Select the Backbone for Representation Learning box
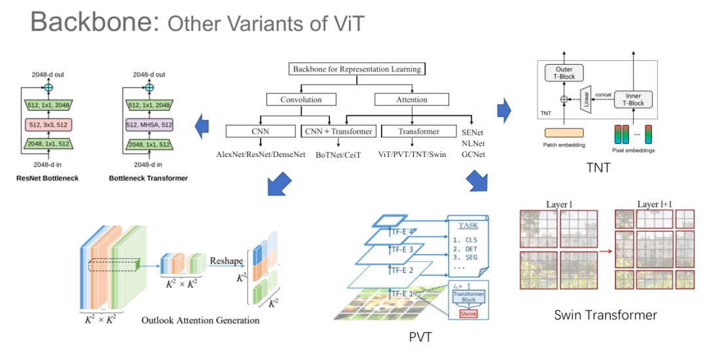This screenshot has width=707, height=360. (x=357, y=69)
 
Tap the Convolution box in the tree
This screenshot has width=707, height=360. (x=300, y=99)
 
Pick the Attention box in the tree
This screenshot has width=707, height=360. (x=412, y=99)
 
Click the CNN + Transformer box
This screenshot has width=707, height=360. (x=338, y=132)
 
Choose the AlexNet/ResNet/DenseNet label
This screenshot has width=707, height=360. (x=261, y=154)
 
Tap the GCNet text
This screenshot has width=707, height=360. (x=473, y=154)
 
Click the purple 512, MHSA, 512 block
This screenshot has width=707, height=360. (x=150, y=124)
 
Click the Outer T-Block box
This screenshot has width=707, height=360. (x=564, y=73)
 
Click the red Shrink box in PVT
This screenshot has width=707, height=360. (x=467, y=314)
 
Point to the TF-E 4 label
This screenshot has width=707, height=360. (x=403, y=231)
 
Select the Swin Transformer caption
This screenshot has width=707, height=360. (x=605, y=315)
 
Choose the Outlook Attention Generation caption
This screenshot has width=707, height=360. (x=200, y=321)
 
